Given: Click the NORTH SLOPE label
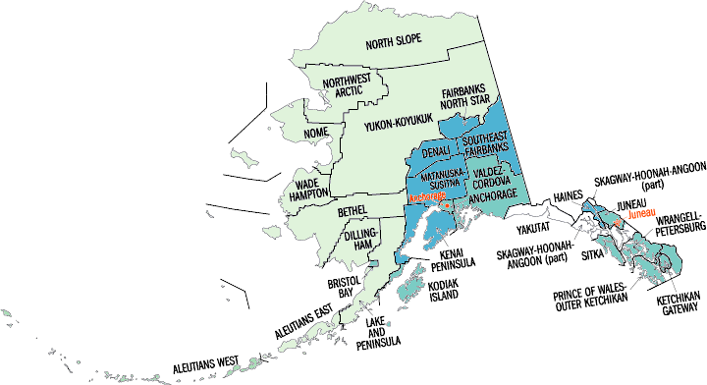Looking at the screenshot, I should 403,44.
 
